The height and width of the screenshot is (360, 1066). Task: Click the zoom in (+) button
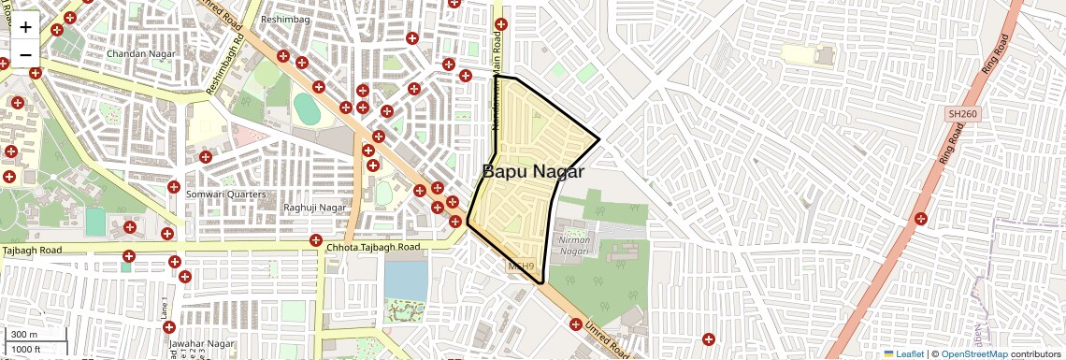25,27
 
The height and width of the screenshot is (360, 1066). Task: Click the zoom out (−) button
25,53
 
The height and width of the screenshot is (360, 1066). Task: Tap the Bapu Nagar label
533,172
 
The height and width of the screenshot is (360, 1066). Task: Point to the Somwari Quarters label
226,194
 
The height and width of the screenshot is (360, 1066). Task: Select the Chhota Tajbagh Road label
373,248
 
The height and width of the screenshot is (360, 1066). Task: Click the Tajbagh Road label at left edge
32,250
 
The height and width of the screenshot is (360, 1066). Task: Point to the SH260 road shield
961,113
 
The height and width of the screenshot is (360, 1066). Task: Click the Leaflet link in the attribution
904,354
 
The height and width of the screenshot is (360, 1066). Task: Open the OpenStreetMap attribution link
974,354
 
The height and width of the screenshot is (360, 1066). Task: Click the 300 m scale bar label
24,335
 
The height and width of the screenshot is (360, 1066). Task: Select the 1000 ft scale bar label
28,349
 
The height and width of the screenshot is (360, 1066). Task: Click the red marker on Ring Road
921,219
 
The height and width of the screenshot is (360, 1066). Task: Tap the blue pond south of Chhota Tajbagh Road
403,278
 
